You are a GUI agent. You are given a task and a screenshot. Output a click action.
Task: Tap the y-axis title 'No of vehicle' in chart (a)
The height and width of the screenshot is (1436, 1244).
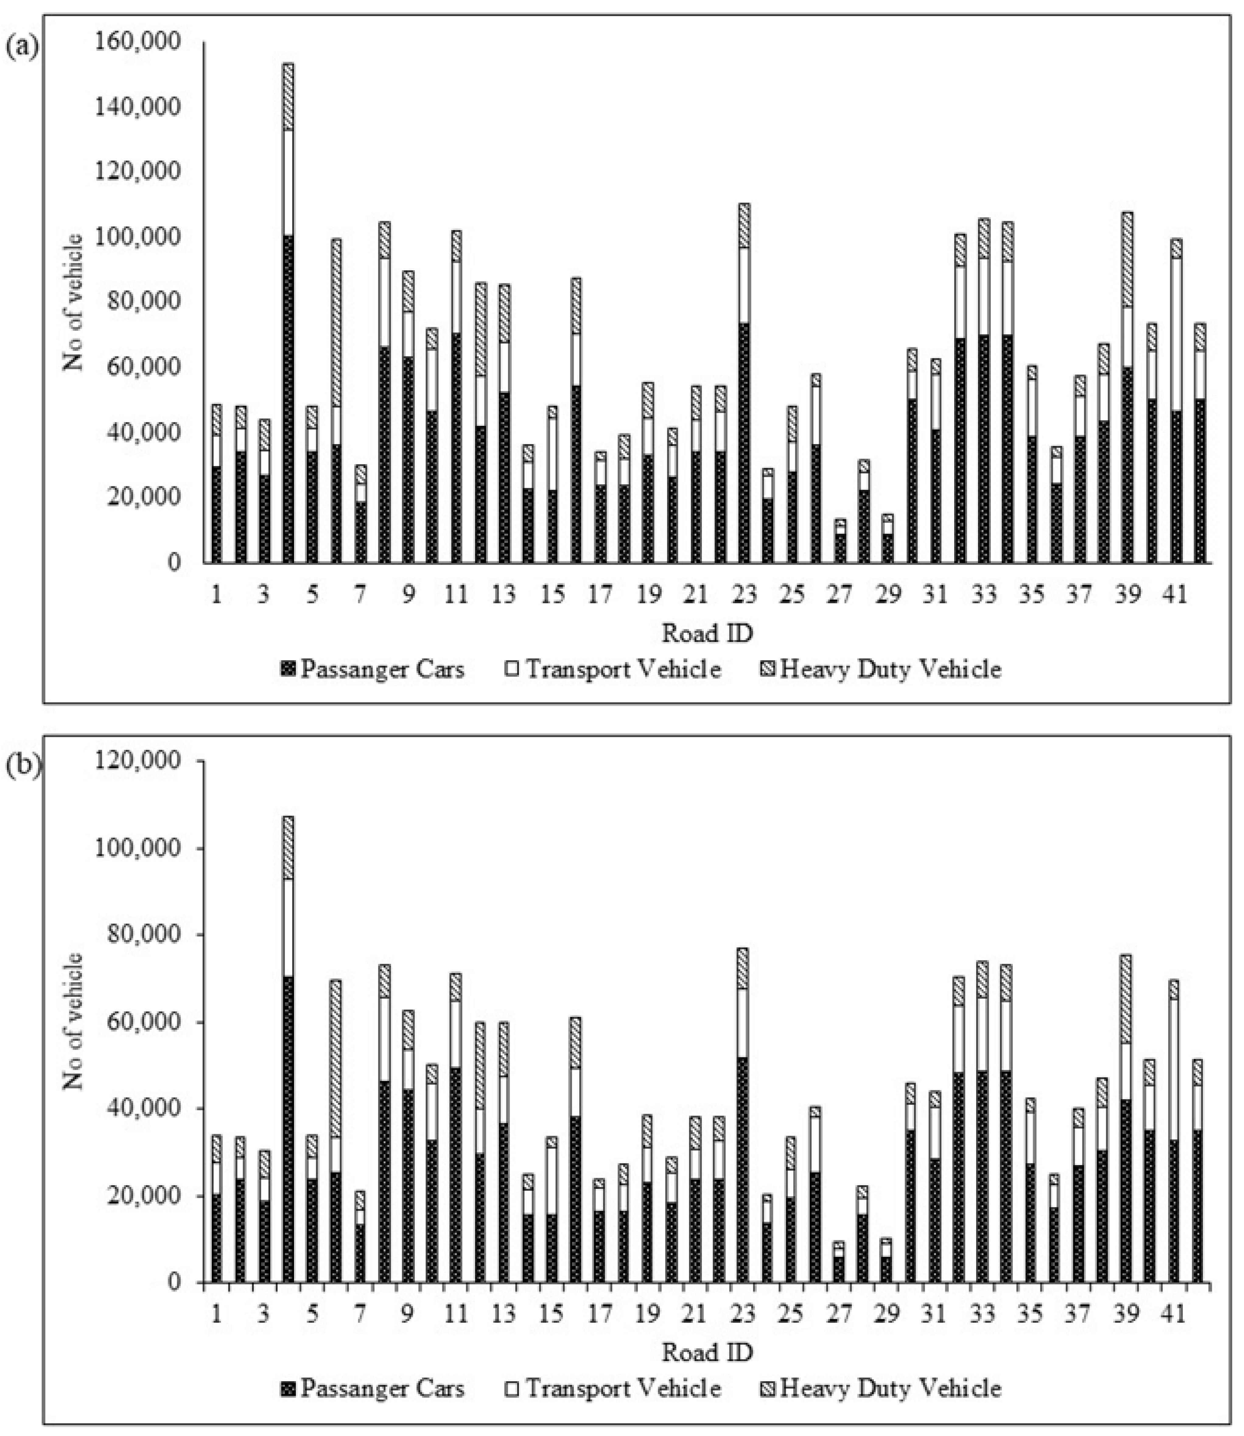[x=74, y=302]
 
